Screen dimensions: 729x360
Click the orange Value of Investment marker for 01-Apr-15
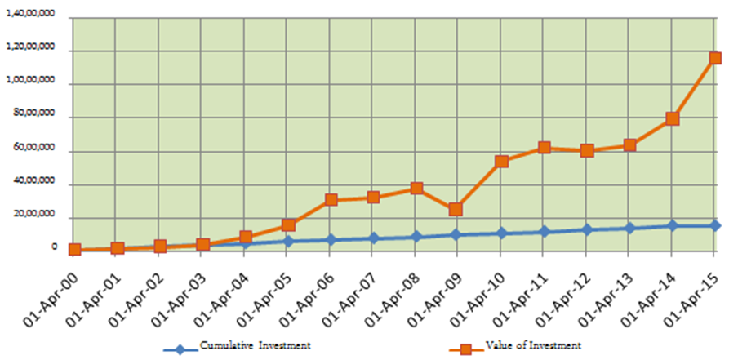click(715, 58)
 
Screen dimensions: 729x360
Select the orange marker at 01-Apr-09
click(456, 210)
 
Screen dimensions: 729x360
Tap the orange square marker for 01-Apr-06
click(331, 200)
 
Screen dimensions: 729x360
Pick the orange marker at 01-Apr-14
click(673, 118)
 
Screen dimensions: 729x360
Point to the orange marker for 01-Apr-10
click(501, 162)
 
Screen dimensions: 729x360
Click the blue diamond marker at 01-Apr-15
click(715, 225)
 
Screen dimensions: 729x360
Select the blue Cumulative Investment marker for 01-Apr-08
click(416, 238)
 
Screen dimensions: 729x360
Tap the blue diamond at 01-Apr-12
click(587, 229)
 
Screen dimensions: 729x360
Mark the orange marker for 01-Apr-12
click(587, 151)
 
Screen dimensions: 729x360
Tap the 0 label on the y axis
click(54, 247)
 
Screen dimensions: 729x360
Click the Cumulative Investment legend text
click(255, 345)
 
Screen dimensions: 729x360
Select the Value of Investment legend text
click(533, 345)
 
